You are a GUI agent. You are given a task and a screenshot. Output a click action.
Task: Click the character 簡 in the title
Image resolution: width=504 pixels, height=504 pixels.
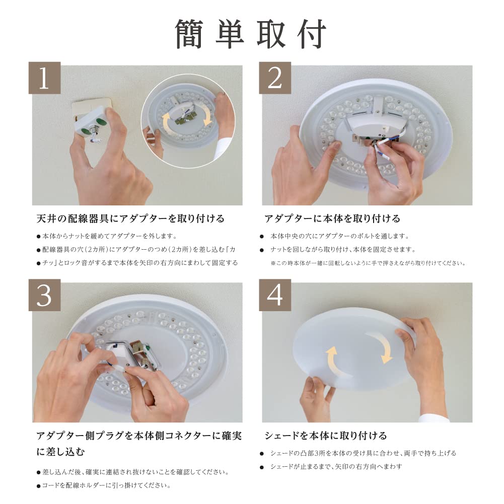192,35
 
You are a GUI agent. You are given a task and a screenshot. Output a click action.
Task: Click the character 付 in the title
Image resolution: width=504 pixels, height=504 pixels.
312,35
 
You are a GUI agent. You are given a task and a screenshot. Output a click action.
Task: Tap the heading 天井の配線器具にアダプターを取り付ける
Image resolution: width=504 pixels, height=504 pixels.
130,219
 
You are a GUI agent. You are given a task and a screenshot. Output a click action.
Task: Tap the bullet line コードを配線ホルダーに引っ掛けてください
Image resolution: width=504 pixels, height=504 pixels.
106,486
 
